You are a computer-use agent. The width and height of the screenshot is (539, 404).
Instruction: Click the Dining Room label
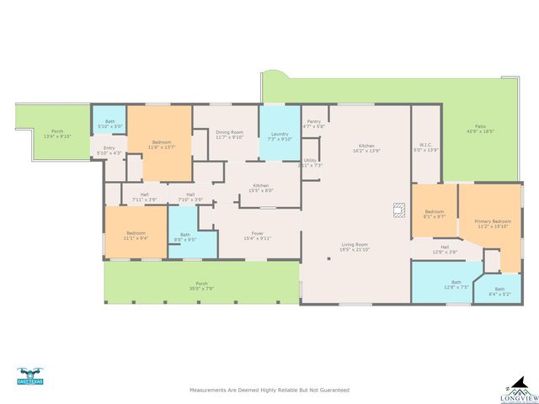tap(229, 135)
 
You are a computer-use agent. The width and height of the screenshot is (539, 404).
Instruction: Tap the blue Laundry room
tap(278, 135)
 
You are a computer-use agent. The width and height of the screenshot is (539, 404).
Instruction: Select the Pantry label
tap(312, 124)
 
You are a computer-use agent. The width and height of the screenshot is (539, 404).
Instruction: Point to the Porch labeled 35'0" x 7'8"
tap(201, 285)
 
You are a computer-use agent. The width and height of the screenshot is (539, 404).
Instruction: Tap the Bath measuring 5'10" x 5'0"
tap(109, 124)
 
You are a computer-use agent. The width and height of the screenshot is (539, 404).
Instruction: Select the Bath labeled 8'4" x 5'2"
tap(499, 291)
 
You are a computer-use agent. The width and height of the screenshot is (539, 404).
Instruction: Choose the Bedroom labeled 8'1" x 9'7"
tap(434, 213)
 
